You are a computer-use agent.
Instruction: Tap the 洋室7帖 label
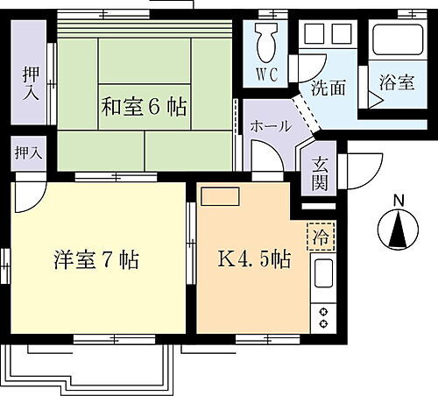[x=93, y=260]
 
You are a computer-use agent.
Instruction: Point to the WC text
[x=266, y=74]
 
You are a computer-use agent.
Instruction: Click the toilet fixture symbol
[x=266, y=40]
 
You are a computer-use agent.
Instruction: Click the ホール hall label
[x=271, y=126]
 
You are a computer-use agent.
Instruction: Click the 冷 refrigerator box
[x=321, y=236]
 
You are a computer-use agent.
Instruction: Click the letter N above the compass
[x=398, y=201]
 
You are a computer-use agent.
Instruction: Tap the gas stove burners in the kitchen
[x=322, y=316]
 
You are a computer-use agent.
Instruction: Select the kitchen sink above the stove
[x=321, y=279]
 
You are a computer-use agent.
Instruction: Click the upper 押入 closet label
[x=30, y=80]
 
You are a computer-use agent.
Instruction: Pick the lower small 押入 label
[x=27, y=152]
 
